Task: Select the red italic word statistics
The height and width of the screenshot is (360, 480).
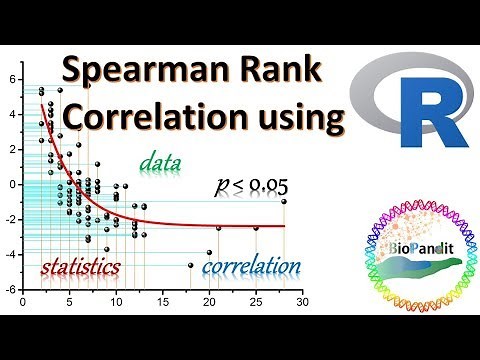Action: coord(80,267)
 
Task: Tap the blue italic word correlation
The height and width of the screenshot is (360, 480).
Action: coord(251,267)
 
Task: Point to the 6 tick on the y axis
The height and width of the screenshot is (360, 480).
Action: coord(14,79)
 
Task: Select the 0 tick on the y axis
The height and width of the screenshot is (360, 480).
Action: coord(14,185)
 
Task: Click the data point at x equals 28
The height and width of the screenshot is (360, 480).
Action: coord(284,201)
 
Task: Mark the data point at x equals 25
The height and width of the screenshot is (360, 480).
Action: coord(256,228)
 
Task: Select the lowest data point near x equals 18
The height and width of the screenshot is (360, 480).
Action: coord(190,265)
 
